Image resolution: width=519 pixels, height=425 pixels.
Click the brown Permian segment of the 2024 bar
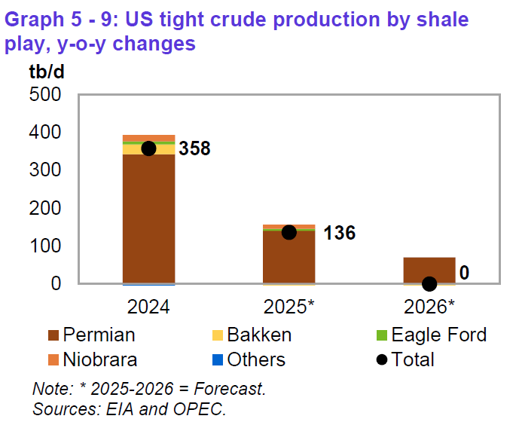pyautogui.click(x=148, y=219)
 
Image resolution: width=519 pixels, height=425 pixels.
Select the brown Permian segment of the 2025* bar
pyautogui.click(x=289, y=260)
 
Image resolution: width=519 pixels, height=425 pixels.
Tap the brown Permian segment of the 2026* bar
pyautogui.click(x=429, y=270)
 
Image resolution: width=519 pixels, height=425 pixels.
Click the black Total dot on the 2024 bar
pyautogui.click(x=148, y=148)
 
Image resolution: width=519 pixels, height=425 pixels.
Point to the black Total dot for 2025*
pyautogui.click(x=289, y=232)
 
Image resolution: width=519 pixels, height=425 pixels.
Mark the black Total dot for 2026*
pyautogui.click(x=429, y=284)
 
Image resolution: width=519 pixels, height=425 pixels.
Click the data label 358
pyautogui.click(x=194, y=148)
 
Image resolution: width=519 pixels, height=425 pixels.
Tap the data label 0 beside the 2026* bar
pyautogui.click(x=464, y=272)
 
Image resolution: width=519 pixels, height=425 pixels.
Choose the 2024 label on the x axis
pyautogui.click(x=148, y=307)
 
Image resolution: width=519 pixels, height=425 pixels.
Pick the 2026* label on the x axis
pyautogui.click(x=429, y=307)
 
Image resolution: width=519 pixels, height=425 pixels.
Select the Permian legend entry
pyautogui.click(x=94, y=335)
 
